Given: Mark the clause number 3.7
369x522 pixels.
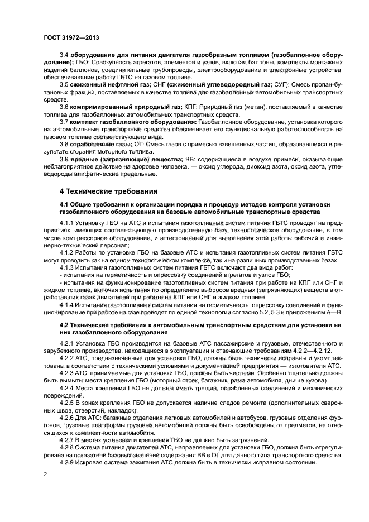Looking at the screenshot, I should point(64,120).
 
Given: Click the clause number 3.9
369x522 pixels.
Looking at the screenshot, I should point(64,159).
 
